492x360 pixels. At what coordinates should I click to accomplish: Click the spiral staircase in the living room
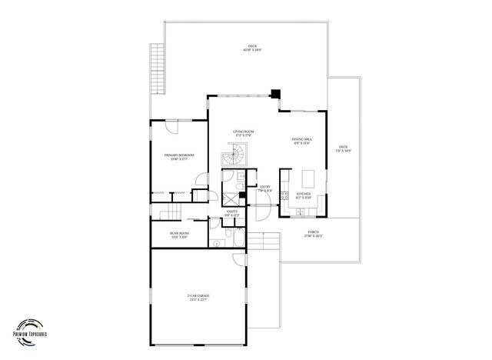[232, 158]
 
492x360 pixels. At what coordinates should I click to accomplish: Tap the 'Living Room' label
[244, 134]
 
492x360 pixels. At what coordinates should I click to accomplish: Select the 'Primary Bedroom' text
[178, 158]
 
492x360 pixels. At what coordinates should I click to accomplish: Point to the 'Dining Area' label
[301, 141]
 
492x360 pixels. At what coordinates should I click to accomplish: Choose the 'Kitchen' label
[304, 195]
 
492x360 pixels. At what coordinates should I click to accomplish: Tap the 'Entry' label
[265, 188]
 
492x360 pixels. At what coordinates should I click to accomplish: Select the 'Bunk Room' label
[179, 235]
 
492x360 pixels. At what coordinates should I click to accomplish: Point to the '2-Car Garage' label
[198, 297]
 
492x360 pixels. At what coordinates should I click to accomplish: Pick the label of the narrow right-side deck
[343, 148]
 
